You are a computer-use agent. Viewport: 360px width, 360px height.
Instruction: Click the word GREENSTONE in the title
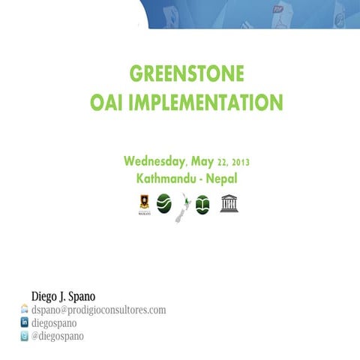click(187, 74)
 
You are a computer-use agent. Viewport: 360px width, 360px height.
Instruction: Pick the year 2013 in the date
click(241, 162)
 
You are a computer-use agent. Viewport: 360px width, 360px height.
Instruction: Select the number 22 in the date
click(223, 162)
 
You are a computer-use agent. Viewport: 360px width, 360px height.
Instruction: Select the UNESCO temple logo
click(229, 202)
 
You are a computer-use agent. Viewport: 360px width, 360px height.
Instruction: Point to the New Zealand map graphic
click(181, 206)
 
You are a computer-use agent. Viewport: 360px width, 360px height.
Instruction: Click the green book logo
click(202, 204)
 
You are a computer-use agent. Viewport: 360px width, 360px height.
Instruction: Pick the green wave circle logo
click(163, 202)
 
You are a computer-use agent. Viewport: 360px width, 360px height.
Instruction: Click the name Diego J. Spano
click(63, 296)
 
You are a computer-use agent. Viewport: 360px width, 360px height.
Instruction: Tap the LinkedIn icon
click(24, 323)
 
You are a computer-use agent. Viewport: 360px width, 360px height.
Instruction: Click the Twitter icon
click(24, 337)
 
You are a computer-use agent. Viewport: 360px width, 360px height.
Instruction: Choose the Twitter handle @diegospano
click(58, 337)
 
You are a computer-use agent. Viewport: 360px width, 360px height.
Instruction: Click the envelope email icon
click(24, 309)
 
